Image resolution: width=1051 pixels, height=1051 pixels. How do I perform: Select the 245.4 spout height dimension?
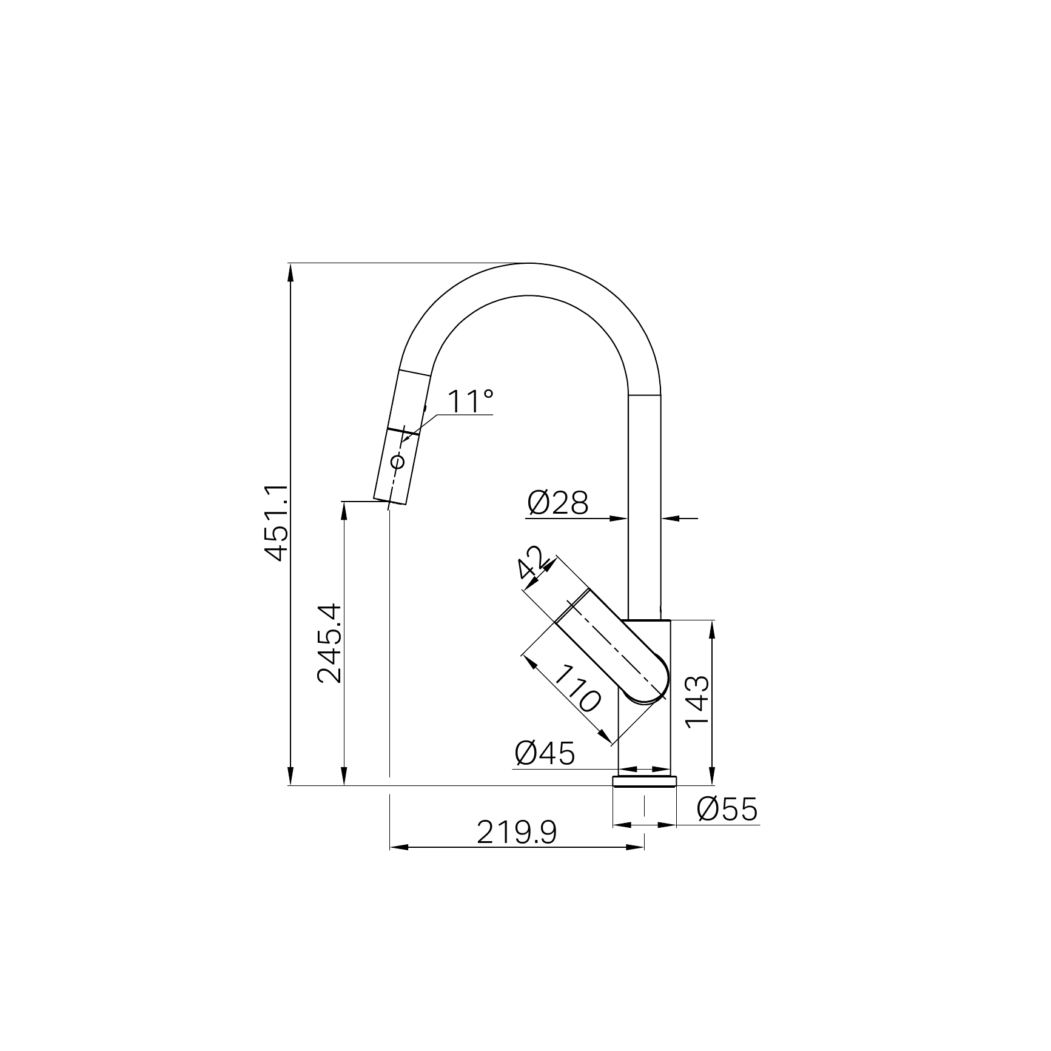(331, 643)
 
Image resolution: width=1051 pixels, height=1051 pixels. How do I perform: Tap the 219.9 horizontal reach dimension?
(516, 833)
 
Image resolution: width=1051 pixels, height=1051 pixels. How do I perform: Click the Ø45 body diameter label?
(544, 754)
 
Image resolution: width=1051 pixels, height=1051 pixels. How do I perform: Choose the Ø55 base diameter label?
(727, 809)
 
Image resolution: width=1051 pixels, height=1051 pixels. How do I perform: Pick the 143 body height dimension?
(697, 701)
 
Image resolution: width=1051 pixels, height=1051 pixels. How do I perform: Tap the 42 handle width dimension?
(533, 563)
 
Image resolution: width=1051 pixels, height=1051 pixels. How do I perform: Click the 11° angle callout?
(470, 401)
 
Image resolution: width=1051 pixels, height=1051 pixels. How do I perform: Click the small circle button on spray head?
(398, 462)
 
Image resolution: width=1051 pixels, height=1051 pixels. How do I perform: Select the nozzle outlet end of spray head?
(389, 501)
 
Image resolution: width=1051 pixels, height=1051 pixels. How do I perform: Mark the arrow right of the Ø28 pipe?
(670, 518)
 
